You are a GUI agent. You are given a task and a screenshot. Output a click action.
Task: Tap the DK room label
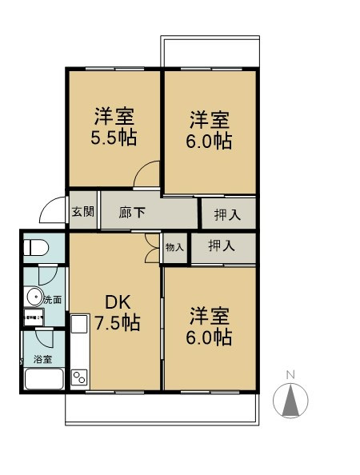coord(117,302)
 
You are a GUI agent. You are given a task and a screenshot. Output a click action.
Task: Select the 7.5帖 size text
coord(117,323)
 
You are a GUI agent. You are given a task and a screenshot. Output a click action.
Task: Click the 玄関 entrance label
coord(82,212)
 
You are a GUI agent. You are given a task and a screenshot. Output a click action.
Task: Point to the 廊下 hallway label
coord(132,213)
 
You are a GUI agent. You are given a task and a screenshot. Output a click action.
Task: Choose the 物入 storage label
coord(174,247)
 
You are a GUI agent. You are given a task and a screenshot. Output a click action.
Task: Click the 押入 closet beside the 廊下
coord(226,214)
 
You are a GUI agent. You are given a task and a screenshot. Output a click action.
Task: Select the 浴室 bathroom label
coord(42,359)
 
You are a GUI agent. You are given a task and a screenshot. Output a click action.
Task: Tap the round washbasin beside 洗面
coord(34,298)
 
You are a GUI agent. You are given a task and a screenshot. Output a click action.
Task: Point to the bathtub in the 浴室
coord(42,378)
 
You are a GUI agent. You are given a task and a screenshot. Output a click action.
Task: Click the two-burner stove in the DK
coord(80,377)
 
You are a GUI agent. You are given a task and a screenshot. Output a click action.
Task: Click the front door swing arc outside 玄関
coord(53,210)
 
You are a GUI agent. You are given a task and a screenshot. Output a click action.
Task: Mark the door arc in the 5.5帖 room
coord(148,174)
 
